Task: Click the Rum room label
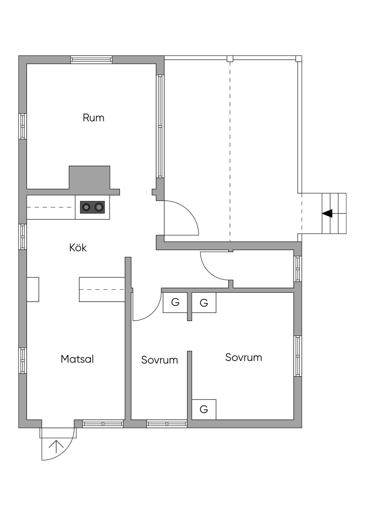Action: click(93, 118)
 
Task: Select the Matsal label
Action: click(77, 359)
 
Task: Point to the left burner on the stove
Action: click(86, 207)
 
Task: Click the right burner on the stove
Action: click(99, 207)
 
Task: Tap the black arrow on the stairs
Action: click(327, 213)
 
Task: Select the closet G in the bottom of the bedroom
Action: click(204, 409)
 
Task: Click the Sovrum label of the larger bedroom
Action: click(243, 357)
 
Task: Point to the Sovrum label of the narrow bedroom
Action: click(159, 360)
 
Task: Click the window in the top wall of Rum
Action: click(92, 60)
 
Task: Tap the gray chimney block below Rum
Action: click(89, 178)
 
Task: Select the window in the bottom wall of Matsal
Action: click(103, 423)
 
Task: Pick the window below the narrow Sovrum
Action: click(167, 423)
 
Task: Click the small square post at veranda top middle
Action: click(230, 58)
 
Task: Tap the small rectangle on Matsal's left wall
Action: click(33, 289)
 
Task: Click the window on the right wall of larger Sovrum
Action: click(298, 356)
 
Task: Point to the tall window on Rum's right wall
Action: click(160, 126)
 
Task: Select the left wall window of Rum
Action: click(22, 126)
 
